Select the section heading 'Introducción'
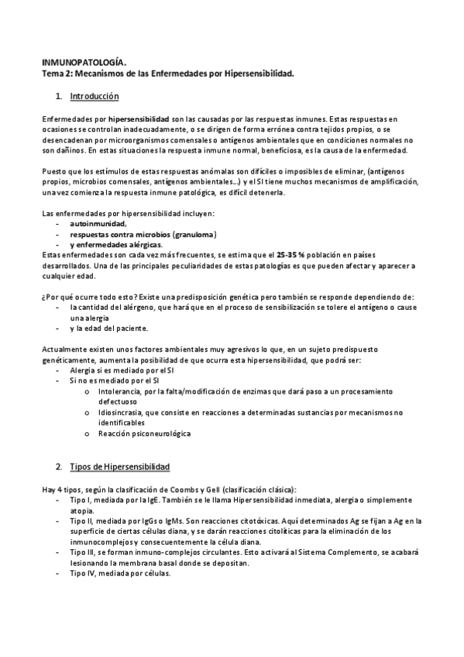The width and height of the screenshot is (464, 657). (94, 97)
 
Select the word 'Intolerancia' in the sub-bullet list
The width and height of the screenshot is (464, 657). (120, 391)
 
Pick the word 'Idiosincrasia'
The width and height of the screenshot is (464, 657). (122, 412)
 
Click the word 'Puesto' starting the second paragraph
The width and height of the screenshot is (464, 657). (53, 170)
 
